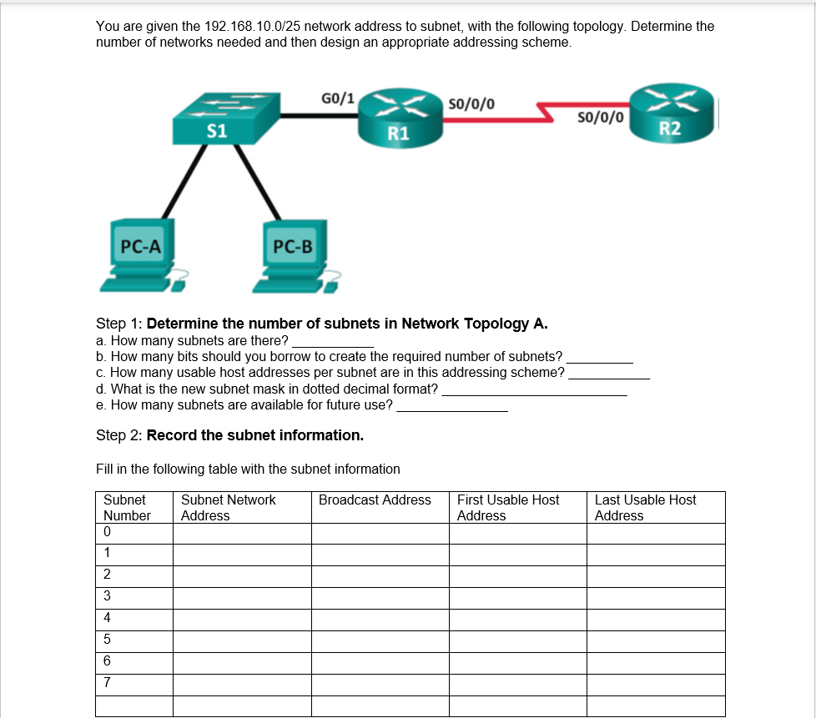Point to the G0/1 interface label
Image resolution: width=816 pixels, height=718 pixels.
(x=337, y=98)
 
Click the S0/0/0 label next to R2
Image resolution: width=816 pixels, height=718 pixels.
(x=600, y=117)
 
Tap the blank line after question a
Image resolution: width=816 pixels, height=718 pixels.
(x=332, y=341)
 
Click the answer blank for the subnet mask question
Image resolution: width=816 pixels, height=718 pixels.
(x=534, y=389)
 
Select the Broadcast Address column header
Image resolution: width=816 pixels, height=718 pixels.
(x=375, y=500)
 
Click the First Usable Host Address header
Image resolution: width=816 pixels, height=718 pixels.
(x=508, y=507)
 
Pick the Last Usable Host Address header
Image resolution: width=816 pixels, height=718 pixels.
(x=645, y=507)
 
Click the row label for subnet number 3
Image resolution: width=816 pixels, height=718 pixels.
(x=107, y=596)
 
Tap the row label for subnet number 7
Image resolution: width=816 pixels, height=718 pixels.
(x=107, y=683)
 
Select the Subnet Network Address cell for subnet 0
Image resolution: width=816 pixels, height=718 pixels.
(x=242, y=533)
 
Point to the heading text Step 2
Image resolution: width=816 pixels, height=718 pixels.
(x=119, y=435)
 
